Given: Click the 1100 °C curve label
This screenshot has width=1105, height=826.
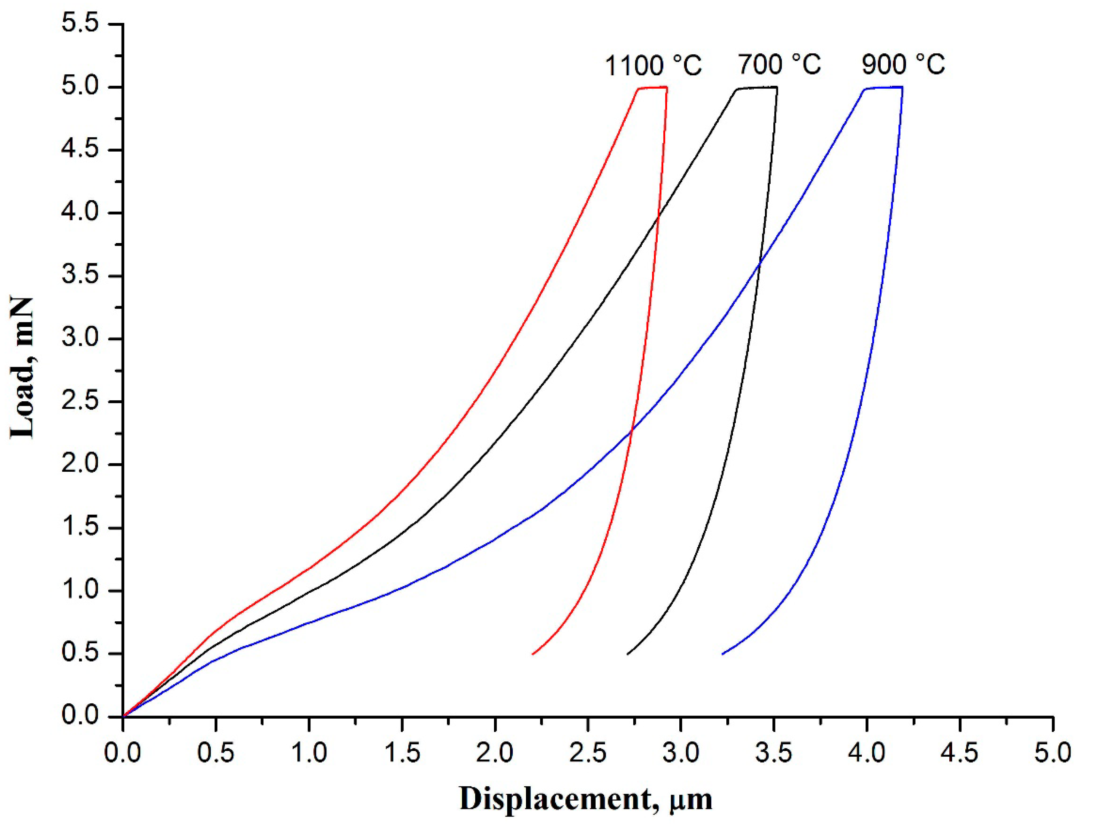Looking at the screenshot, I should pos(654,66).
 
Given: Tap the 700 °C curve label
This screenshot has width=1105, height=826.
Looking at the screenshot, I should pos(779,65).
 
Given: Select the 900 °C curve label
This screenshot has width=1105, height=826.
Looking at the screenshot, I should pos(903,65).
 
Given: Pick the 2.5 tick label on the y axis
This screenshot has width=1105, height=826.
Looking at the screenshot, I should pos(80,402).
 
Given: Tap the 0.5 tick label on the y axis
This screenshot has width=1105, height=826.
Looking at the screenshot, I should pos(80,653).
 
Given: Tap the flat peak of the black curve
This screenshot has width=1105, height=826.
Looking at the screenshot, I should pos(757,88).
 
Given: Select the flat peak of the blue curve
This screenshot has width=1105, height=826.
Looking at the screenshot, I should pos(884,88).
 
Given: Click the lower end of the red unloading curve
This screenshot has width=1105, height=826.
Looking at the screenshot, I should pos(533,654).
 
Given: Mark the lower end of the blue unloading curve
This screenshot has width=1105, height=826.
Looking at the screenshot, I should pos(722,654).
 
